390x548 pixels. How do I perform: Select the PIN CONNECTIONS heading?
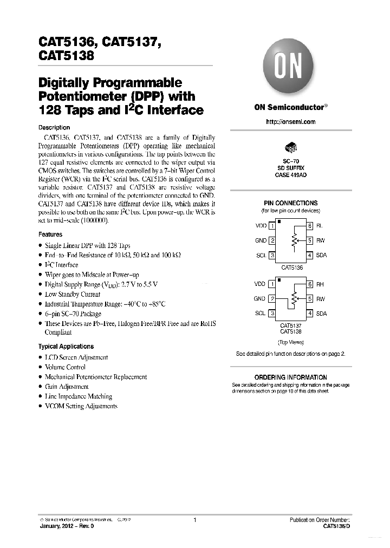291,203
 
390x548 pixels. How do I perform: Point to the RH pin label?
320,284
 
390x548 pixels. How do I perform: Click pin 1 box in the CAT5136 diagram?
271,225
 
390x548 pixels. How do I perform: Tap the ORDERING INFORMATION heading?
291,377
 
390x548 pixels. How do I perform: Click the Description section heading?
54,127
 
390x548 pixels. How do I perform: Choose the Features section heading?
50,234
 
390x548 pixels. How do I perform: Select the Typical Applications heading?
66,346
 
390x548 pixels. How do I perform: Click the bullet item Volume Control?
65,367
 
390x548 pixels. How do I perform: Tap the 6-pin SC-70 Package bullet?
73,314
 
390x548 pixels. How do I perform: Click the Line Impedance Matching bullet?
78,396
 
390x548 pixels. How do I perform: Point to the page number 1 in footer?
194,520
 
